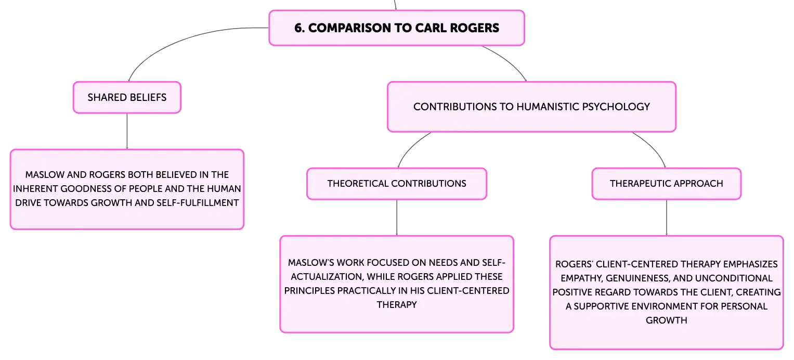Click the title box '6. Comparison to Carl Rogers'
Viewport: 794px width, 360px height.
point(397,28)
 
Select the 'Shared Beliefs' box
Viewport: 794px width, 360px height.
point(127,97)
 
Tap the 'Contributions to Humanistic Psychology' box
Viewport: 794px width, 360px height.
point(532,107)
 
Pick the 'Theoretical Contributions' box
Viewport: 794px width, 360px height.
point(397,184)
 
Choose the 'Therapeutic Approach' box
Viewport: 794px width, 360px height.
point(667,184)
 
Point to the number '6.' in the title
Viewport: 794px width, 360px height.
point(300,28)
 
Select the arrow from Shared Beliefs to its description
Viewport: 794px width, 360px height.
point(127,131)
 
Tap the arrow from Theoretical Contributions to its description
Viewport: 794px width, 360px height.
point(397,217)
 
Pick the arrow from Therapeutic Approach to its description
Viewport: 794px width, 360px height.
point(667,217)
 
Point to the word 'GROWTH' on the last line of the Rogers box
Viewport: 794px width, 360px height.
point(667,320)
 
